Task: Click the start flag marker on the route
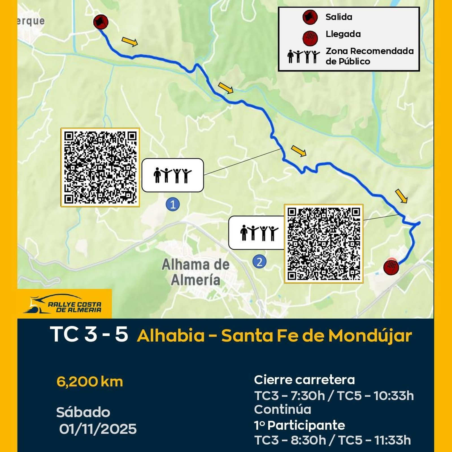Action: (x=101, y=22)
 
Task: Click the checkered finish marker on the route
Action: (x=391, y=267)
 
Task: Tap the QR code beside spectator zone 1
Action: (x=100, y=167)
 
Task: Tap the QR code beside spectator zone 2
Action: (x=324, y=244)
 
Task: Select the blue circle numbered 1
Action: (x=173, y=204)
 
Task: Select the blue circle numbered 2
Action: (x=259, y=261)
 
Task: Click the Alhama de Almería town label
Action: (x=195, y=272)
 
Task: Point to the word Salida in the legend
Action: (x=339, y=17)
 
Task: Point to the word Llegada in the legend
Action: (x=343, y=34)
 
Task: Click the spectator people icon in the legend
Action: (x=303, y=56)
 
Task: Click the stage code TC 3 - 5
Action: (x=89, y=334)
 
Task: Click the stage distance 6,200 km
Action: (x=90, y=382)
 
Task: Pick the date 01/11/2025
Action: (x=98, y=429)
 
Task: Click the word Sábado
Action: (x=83, y=412)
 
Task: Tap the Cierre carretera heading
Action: (x=304, y=380)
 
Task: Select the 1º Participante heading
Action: (x=299, y=425)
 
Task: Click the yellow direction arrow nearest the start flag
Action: (x=130, y=42)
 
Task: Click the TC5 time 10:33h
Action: (x=394, y=396)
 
